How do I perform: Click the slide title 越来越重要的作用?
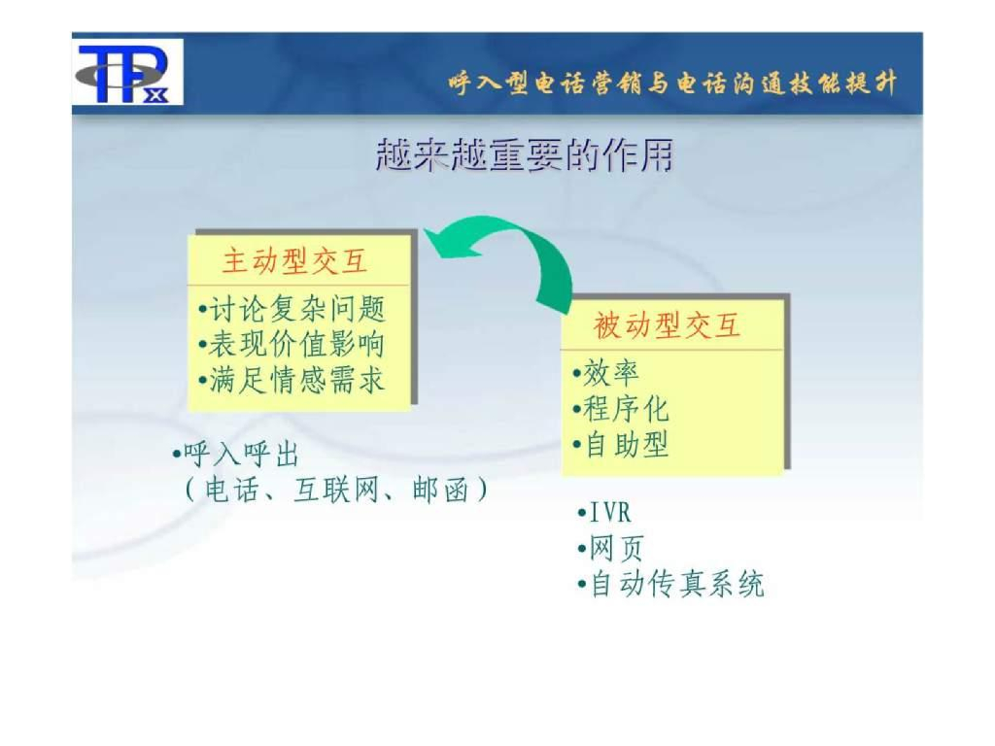pos(524,156)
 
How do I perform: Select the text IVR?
pos(610,513)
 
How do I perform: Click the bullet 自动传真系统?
pos(675,585)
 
